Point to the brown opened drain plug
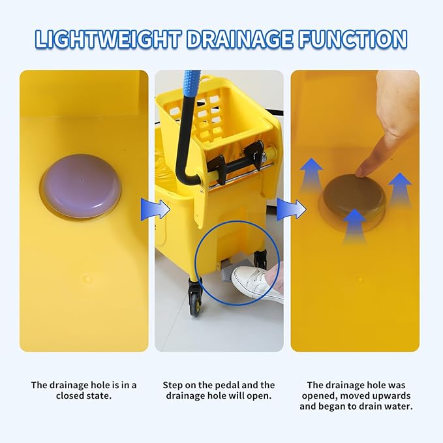click(x=352, y=196)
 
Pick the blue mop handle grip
click(x=191, y=85)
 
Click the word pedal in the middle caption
click(x=238, y=385)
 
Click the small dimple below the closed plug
click(x=87, y=278)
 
